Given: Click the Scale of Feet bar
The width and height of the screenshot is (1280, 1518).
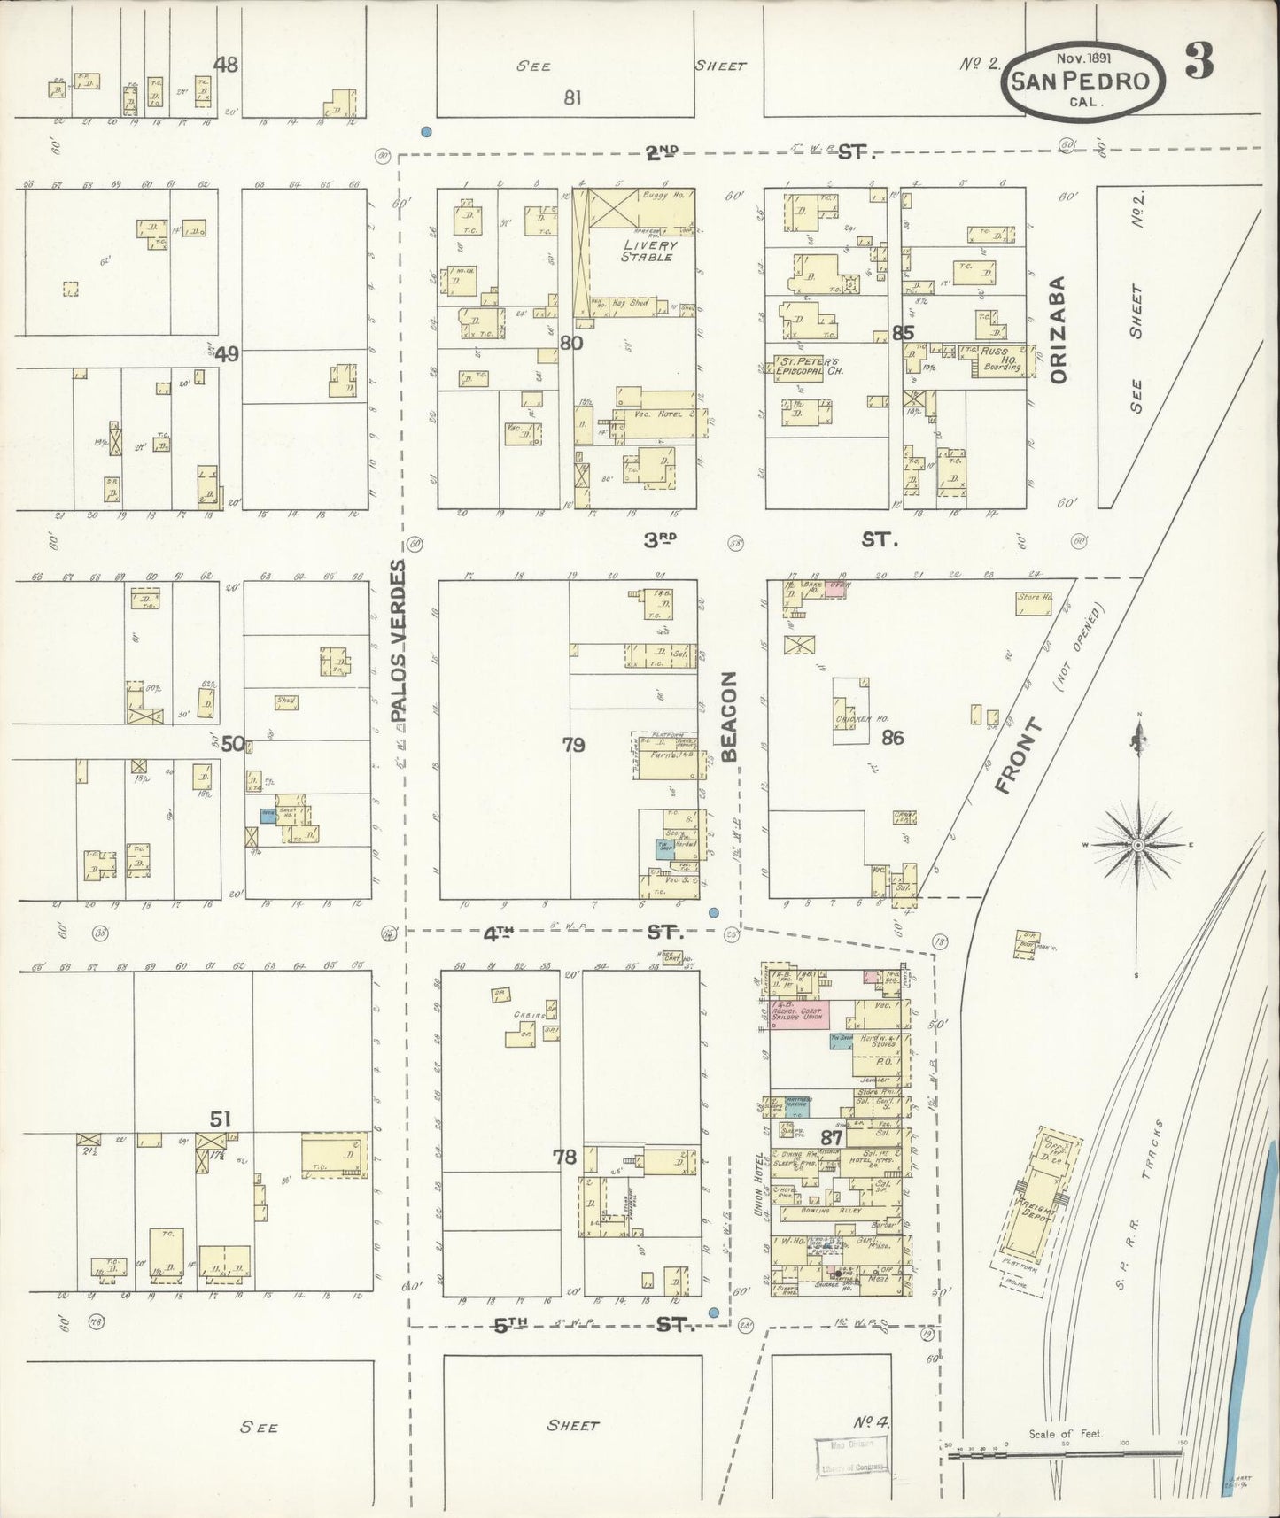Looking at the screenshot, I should [x=1063, y=1451].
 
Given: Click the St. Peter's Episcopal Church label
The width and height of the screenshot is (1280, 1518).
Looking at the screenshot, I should [x=809, y=366].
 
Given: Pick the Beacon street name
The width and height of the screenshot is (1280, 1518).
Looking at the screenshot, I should [x=729, y=716].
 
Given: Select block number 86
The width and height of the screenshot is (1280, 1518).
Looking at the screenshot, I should [x=892, y=737].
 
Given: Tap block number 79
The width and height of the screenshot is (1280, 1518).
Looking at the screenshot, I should [x=573, y=744].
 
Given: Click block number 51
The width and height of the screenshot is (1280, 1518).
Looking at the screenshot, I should [x=220, y=1118].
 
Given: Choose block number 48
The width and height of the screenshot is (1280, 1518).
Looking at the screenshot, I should [x=226, y=64].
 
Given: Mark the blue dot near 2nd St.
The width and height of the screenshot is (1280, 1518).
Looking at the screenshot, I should [x=427, y=132].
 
